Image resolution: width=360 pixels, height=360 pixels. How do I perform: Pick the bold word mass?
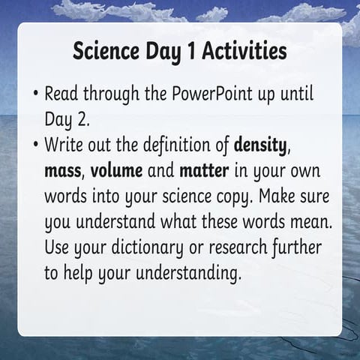[x=65, y=169]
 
